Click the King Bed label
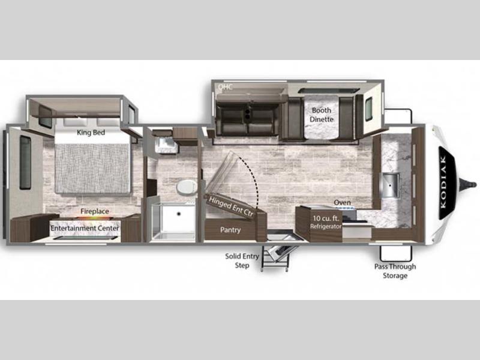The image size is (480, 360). (91, 133)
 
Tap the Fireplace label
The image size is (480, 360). (95, 211)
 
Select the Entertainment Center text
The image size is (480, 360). (85, 228)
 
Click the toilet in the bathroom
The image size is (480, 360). (187, 187)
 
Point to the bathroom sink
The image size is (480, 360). (166, 145)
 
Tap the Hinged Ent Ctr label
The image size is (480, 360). (231, 206)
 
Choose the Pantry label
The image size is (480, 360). (230, 230)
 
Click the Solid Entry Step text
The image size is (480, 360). (242, 260)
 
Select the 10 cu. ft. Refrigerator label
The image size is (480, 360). (326, 222)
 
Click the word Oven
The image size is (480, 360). (342, 203)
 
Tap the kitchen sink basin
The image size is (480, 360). (391, 185)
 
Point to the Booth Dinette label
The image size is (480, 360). (321, 115)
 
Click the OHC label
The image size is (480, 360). (226, 86)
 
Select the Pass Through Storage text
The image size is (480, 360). (395, 271)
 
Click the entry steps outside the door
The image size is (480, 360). (277, 256)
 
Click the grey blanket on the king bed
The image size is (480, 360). (92, 169)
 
